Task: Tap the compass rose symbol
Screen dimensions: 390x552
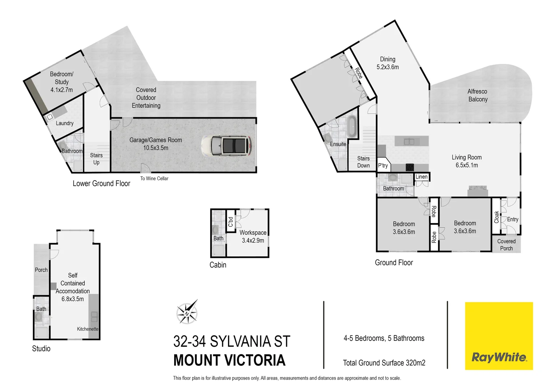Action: pos(187,312)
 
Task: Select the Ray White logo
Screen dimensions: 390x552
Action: pos(499,336)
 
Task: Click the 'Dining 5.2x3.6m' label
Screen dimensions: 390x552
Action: pos(388,63)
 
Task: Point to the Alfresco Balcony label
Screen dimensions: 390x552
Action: pos(478,95)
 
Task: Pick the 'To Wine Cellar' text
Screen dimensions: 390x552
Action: pos(154,178)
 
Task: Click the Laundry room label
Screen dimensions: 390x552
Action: pos(65,123)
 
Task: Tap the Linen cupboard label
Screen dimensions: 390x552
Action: pos(422,177)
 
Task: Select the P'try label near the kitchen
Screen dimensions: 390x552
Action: pos(383,165)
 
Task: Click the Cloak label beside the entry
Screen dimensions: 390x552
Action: pos(496,217)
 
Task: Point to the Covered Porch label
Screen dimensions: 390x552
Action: pos(506,245)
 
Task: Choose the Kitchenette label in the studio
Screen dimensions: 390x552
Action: pos(88,329)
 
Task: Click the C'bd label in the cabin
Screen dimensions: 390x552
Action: pos(230,222)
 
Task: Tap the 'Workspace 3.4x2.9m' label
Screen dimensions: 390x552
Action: pos(253,237)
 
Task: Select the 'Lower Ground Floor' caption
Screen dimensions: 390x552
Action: pos(102,183)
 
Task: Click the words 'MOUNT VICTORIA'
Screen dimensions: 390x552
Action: pos(229,360)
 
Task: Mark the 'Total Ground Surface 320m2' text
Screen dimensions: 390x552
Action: pos(384,363)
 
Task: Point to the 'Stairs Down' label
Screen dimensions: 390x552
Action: pos(363,162)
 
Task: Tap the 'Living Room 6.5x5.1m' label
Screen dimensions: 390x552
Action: pos(467,161)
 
